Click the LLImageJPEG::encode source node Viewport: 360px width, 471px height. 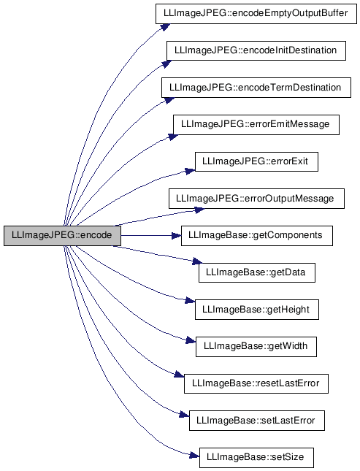tap(62, 236)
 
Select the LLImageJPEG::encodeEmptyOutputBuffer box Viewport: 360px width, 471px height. tap(256, 14)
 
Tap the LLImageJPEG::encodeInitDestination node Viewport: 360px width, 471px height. tap(256, 50)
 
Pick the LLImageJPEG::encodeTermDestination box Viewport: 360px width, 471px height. tap(256, 88)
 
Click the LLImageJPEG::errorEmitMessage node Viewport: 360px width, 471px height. tap(256, 125)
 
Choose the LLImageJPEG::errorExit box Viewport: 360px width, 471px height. tap(256, 161)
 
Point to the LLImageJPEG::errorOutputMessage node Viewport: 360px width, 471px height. tap(256, 199)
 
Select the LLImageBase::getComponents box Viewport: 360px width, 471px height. tap(256, 236)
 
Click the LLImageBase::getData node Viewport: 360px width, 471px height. tap(256, 272)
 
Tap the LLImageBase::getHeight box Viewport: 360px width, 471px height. tap(256, 310)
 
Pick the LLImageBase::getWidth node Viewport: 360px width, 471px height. tap(256, 347)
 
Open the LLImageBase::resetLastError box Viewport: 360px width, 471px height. tap(256, 383)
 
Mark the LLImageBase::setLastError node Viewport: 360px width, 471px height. tap(256, 421)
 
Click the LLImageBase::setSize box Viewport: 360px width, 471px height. tap(256, 457)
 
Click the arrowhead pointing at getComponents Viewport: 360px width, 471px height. tap(177, 236)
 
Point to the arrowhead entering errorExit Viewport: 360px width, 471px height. tap(190, 171)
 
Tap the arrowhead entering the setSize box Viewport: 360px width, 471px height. tap(194, 456)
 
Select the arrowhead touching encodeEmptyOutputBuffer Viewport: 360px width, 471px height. tap(165, 27)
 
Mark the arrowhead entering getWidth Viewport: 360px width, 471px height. tap(191, 340)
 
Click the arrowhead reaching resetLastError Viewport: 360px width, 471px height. tap(179, 375)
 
